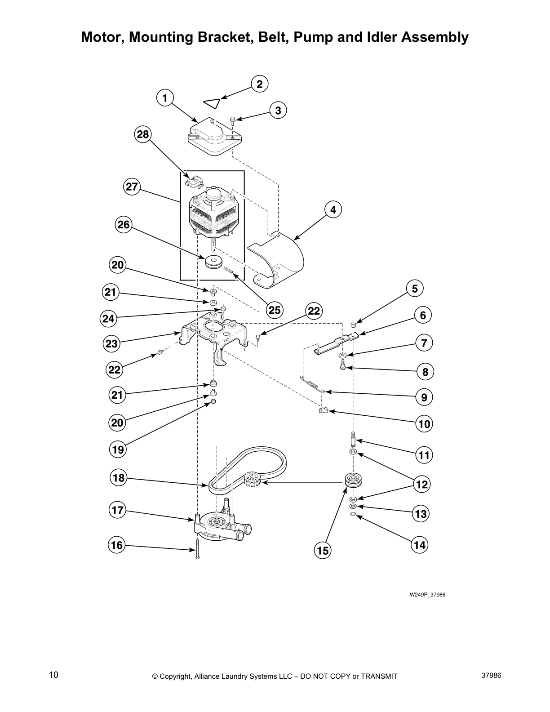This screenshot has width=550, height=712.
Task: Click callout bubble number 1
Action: (x=165, y=98)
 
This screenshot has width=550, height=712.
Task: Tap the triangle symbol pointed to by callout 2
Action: (x=212, y=103)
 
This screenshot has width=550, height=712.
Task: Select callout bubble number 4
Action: (x=333, y=209)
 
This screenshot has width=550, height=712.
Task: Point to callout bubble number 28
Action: (x=143, y=134)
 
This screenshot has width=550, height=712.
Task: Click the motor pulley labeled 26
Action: (x=214, y=262)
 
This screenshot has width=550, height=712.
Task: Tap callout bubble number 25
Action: (x=275, y=310)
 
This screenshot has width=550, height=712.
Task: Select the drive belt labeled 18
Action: (x=252, y=467)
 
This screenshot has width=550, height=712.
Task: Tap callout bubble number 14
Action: (x=419, y=545)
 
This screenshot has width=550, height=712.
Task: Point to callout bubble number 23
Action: (x=111, y=344)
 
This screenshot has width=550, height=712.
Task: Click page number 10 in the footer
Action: (x=53, y=674)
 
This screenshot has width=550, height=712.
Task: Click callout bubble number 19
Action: (x=118, y=449)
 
